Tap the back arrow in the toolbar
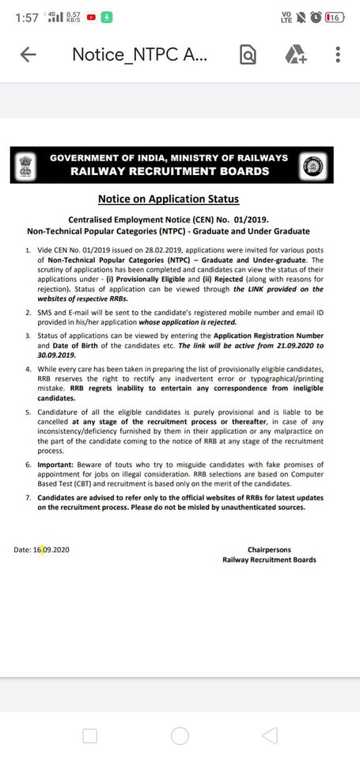point(28,55)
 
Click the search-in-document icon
point(248,55)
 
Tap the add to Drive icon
point(295,55)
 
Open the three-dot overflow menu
point(338,55)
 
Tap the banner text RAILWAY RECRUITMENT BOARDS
point(169,171)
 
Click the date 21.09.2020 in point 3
point(278,346)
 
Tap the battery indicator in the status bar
point(334,17)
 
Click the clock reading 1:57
point(26,17)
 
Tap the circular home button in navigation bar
point(180,735)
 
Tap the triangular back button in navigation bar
point(270,735)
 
